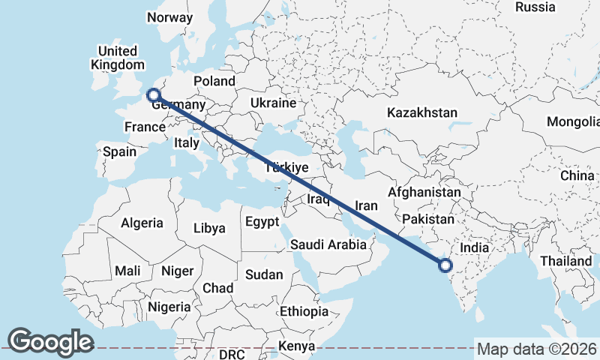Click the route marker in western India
(445, 265)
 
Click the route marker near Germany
(153, 95)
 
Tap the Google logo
(50, 341)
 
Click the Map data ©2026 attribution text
(537, 349)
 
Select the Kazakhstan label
(421, 112)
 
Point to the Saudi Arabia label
(328, 244)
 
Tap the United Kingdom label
(114, 58)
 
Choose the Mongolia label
(573, 121)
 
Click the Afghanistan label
(424, 192)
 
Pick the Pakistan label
(428, 219)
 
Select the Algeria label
(142, 223)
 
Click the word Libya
(209, 229)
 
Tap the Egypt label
(262, 222)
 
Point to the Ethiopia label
(304, 311)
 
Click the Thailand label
(568, 260)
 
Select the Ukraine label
(273, 103)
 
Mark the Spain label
(120, 151)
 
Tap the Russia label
(535, 7)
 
